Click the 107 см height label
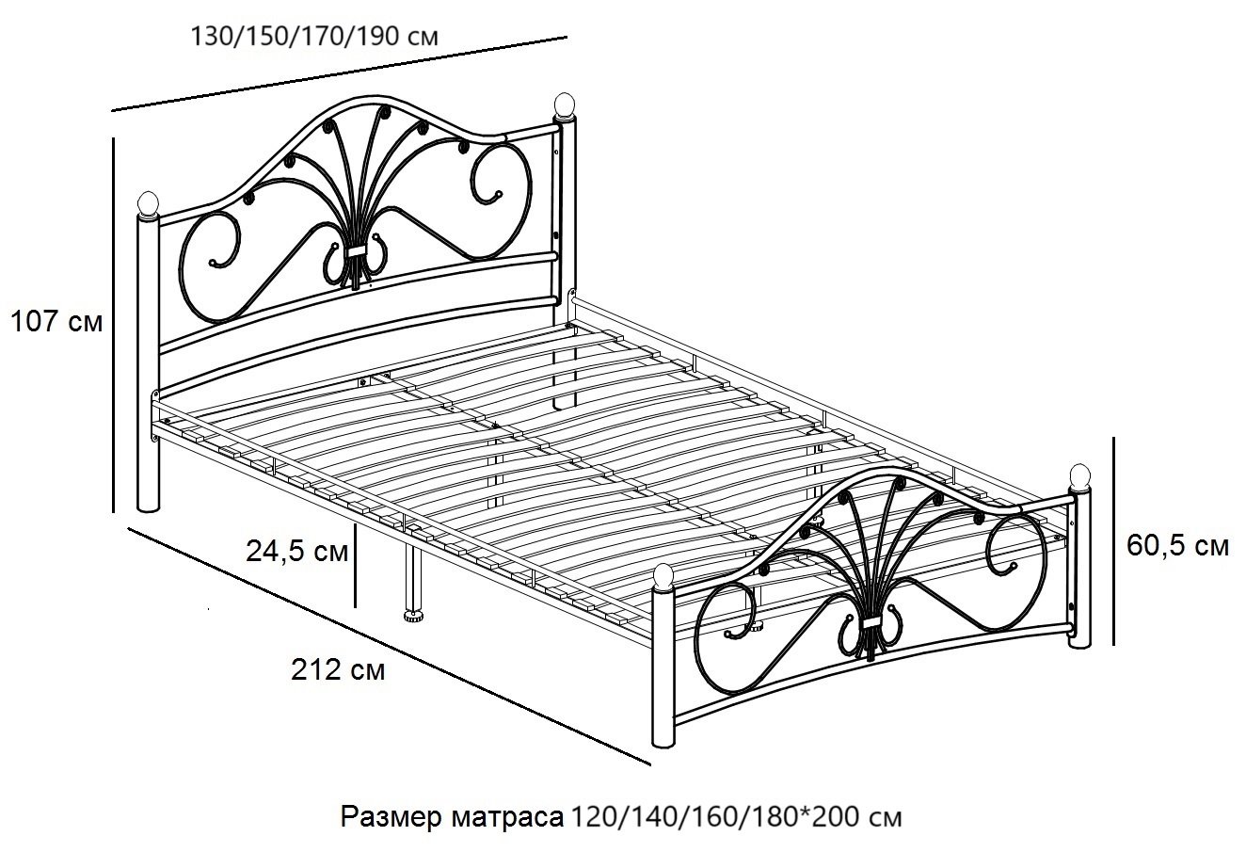point(56,322)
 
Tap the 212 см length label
point(338,670)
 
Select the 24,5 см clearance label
point(296,552)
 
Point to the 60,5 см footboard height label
point(1177,546)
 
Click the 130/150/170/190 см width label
point(314,36)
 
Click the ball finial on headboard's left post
point(149,204)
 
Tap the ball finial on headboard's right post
point(564,105)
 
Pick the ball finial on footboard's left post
point(663,576)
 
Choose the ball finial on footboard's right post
point(1080,477)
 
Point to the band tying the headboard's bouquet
point(355,251)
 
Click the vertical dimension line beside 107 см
point(114,325)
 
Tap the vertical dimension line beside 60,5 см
point(1113,541)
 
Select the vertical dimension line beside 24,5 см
point(355,566)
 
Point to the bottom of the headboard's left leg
point(148,506)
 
